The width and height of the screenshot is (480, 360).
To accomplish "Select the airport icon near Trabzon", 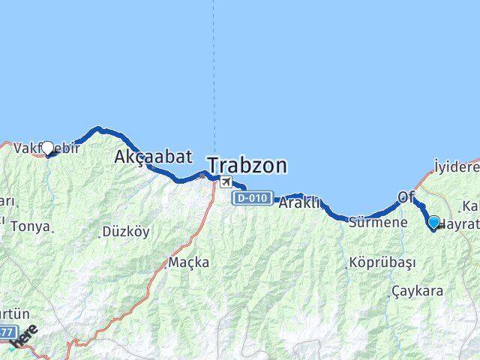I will [226, 181].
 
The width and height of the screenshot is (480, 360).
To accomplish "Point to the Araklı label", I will [299, 202].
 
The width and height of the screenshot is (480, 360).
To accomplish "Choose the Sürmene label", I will [378, 222].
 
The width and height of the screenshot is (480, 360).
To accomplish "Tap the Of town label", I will [406, 196].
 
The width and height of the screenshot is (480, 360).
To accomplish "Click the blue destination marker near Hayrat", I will [433, 221].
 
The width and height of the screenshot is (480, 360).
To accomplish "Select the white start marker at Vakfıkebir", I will [48, 148].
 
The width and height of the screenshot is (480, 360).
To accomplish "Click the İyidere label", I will [457, 166].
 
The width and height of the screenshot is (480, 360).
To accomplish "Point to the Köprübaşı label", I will [380, 263].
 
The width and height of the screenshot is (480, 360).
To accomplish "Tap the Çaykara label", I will [417, 291].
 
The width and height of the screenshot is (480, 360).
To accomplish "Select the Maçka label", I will [188, 263].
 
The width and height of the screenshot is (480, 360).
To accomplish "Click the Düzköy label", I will [125, 232].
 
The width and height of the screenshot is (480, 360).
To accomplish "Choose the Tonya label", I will [31, 226].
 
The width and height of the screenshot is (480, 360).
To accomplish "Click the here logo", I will [25, 337].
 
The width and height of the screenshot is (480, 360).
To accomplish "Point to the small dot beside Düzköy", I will [100, 234].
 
